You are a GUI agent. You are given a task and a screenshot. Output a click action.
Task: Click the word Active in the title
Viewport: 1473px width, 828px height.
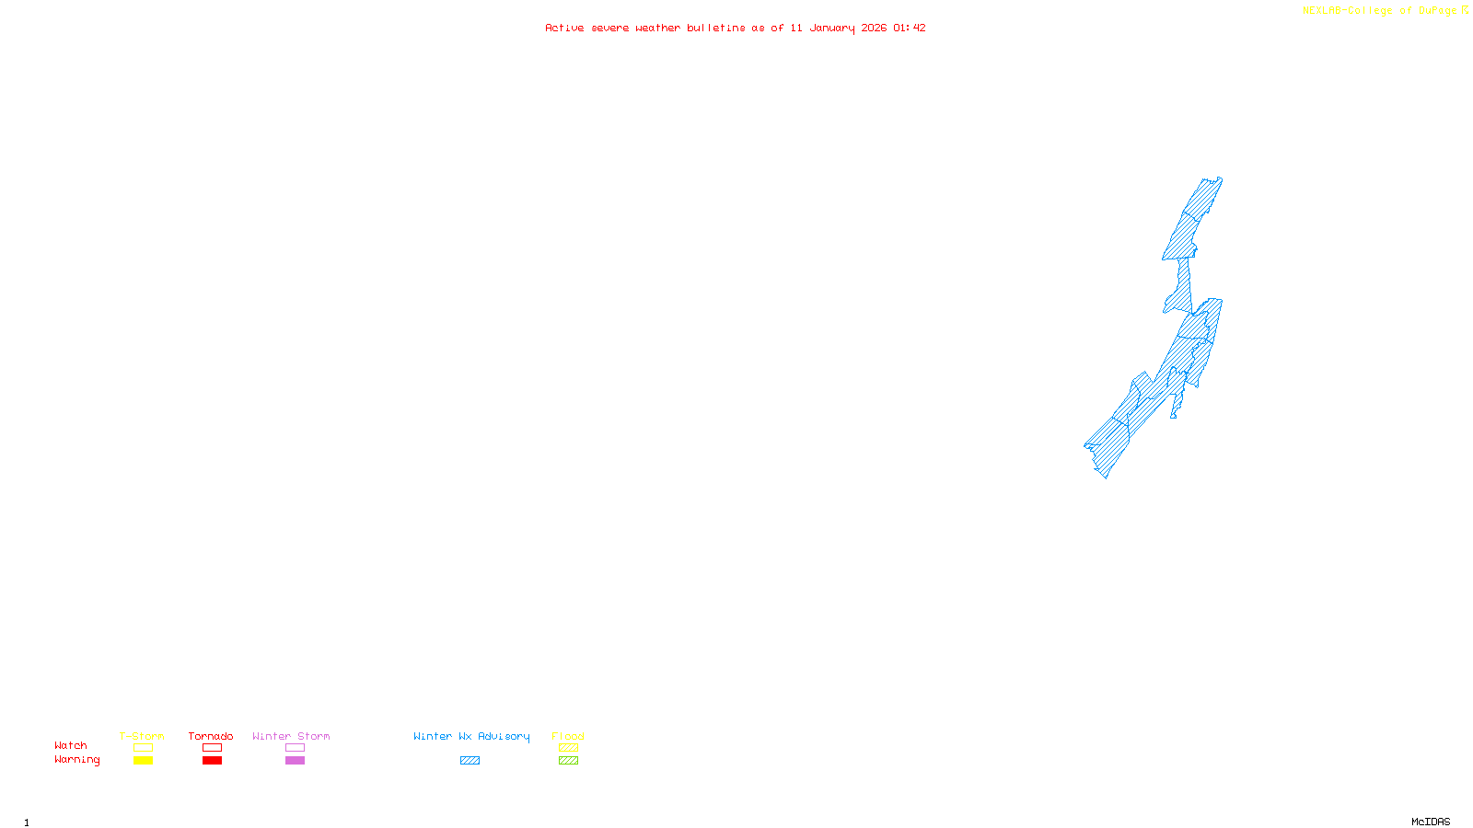coord(564,28)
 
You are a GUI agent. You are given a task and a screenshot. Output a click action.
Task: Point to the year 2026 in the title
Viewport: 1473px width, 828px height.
coord(874,28)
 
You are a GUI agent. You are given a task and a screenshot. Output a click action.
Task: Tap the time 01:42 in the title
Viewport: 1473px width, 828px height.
coord(910,28)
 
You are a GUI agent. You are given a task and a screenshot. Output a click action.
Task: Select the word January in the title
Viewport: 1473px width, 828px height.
coord(832,28)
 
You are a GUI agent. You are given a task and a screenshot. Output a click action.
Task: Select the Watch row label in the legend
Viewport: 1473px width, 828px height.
coord(71,745)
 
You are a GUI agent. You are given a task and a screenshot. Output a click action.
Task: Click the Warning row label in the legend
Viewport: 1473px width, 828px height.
coord(76,760)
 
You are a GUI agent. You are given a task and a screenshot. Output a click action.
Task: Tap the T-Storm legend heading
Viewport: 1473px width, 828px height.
coord(142,736)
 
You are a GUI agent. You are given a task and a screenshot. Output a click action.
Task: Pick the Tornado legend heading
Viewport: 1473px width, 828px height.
coord(211,736)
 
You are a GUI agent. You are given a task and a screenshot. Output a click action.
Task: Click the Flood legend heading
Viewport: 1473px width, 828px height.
coord(568,736)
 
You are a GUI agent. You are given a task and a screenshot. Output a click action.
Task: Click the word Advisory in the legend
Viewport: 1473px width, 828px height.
coord(504,736)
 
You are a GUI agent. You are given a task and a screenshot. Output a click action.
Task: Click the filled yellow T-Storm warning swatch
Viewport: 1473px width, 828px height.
coord(143,761)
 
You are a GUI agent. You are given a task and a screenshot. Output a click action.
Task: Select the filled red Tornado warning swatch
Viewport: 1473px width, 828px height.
coord(213,761)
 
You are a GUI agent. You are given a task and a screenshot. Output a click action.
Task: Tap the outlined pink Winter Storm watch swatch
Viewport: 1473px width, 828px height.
coord(295,748)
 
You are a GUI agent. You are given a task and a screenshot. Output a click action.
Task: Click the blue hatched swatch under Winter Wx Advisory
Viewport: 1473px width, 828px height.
coord(470,761)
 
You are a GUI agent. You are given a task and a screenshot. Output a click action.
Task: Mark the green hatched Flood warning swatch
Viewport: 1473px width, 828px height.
coord(568,761)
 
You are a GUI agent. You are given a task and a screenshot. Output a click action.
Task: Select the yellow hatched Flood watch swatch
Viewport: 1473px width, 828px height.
coord(568,748)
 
